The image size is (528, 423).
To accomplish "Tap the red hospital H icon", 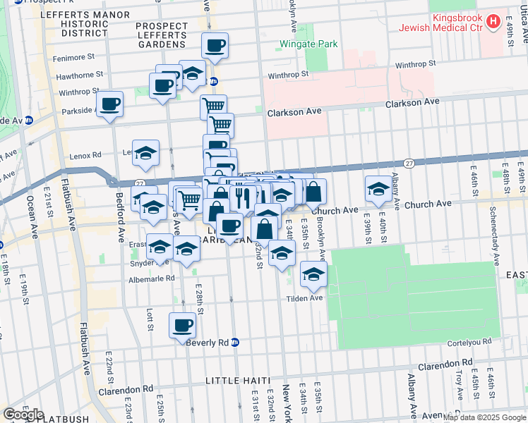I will point(494,24).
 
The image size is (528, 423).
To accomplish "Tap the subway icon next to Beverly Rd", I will point(235,343).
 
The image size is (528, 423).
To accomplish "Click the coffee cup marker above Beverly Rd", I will point(183,325).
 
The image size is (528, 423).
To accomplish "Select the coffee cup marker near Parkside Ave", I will point(110,104).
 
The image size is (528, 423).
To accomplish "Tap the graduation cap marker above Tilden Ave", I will point(313,274).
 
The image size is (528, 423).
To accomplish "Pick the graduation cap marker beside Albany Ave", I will point(378,188).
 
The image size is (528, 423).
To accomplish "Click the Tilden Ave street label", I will point(304,298).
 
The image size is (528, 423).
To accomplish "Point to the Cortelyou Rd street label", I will point(473,343).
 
